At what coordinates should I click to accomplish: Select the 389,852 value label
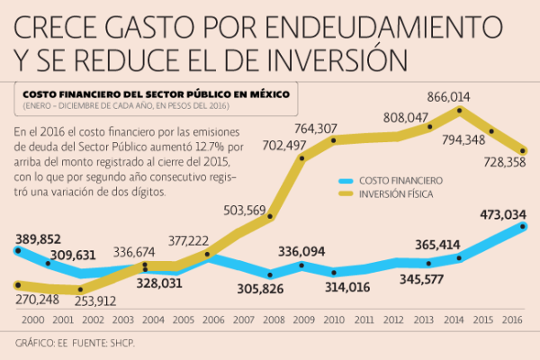tap(38, 238)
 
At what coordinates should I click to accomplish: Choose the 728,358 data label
tap(493, 166)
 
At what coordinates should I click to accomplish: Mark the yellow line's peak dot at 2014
tap(460, 112)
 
